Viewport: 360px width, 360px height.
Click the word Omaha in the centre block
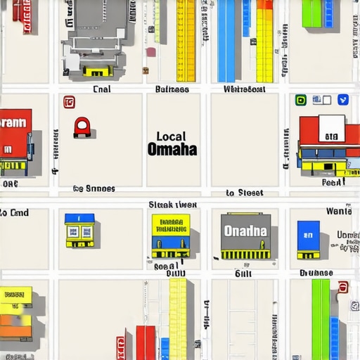pyautogui.click(x=172, y=150)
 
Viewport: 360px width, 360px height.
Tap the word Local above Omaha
pyautogui.click(x=171, y=136)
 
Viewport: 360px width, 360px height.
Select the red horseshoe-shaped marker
pyautogui.click(x=82, y=127)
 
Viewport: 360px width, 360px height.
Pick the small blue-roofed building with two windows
pyautogui.click(x=79, y=229)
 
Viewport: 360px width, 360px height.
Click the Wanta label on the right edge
pyautogui.click(x=338, y=211)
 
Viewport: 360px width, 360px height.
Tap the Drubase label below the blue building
pyautogui.click(x=316, y=273)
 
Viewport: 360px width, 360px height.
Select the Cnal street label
pyautogui.click(x=102, y=90)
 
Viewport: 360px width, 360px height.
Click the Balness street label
pyautogui.click(x=172, y=90)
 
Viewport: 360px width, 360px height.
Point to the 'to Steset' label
pyautogui.click(x=245, y=193)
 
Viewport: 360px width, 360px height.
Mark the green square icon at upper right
pyautogui.click(x=301, y=101)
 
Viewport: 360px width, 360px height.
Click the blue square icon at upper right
pyautogui.click(x=343, y=100)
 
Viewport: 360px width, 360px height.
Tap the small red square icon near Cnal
pyautogui.click(x=69, y=103)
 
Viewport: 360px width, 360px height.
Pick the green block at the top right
pyautogui.click(x=311, y=13)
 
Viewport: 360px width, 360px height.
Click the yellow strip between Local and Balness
pyautogui.click(x=186, y=40)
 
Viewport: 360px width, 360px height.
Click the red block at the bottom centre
pyautogui.click(x=146, y=342)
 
